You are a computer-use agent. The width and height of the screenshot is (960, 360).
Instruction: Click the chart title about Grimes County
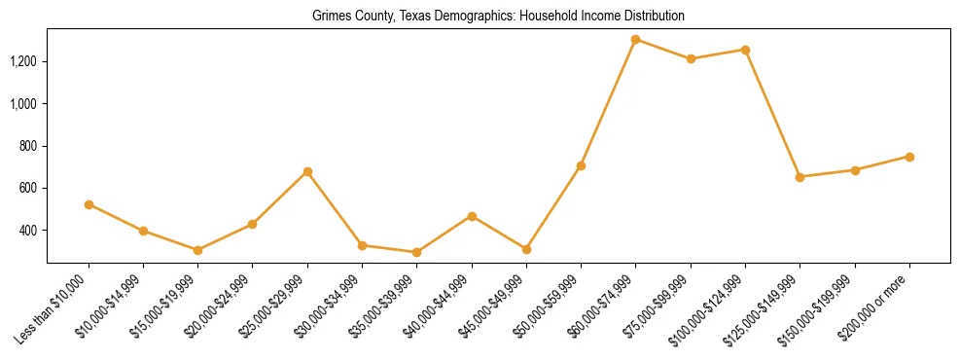point(498,17)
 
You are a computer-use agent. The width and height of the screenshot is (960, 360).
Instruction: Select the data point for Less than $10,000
point(89,204)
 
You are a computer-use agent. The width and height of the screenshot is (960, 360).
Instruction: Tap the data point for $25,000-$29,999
point(307,171)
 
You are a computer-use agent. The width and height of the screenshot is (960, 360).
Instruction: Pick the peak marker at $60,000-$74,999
point(635,40)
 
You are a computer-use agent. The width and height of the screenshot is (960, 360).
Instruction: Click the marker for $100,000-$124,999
point(745,50)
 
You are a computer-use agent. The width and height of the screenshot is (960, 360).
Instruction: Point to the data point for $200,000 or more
point(909,157)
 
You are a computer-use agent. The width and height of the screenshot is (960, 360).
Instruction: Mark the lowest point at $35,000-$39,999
point(417,252)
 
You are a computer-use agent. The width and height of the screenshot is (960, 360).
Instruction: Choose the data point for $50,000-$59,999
point(581,165)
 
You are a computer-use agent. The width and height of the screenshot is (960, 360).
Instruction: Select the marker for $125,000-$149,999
point(800,177)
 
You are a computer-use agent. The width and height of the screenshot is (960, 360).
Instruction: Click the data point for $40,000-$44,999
point(472,216)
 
